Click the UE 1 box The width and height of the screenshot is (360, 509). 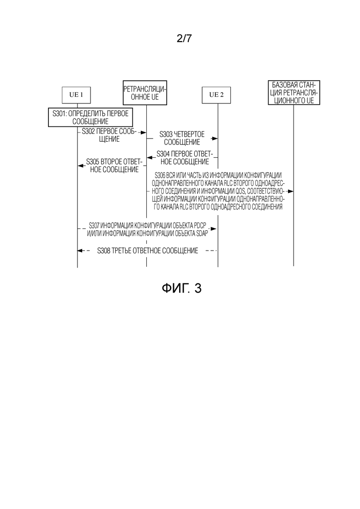76,95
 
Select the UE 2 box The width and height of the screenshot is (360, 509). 216,95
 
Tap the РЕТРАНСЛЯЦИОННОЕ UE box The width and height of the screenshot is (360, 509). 145,93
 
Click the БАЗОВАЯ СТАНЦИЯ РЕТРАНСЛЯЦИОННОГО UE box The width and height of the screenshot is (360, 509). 294,92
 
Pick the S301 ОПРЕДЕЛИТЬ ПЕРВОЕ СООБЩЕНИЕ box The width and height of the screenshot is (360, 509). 90,117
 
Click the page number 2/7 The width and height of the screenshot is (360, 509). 184,38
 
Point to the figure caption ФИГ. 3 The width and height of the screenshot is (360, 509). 181,288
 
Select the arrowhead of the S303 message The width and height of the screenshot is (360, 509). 214,138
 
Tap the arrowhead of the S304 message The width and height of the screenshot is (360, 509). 150,158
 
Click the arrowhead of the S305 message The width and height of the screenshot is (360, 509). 81,166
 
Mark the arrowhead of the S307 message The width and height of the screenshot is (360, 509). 214,229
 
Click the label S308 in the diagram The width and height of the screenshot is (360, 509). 103,251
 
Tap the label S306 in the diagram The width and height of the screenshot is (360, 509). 160,175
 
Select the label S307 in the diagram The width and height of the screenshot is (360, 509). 94,225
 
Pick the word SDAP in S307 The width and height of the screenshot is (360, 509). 202,233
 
